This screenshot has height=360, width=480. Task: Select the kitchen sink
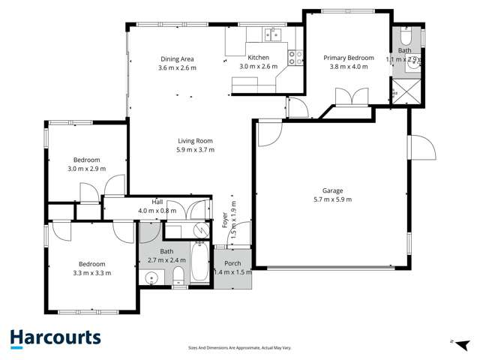pyautogui.click(x=270, y=33)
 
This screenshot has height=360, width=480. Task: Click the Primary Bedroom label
pyautogui.click(x=349, y=58)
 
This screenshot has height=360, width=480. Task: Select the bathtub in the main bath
pyautogui.click(x=200, y=262)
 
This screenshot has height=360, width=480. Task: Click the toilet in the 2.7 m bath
pyautogui.click(x=178, y=280)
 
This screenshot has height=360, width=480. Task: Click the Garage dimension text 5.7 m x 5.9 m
pyautogui.click(x=332, y=199)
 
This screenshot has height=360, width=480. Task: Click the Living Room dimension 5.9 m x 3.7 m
pyautogui.click(x=196, y=150)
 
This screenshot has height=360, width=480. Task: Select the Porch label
pyautogui.click(x=232, y=263)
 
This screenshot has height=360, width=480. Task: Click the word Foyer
pyautogui.click(x=225, y=220)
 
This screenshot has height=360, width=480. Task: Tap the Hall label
pyautogui.click(x=157, y=202)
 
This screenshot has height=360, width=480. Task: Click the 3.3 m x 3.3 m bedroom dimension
pyautogui.click(x=92, y=273)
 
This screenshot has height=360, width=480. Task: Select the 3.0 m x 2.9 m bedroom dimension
pyautogui.click(x=86, y=169)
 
